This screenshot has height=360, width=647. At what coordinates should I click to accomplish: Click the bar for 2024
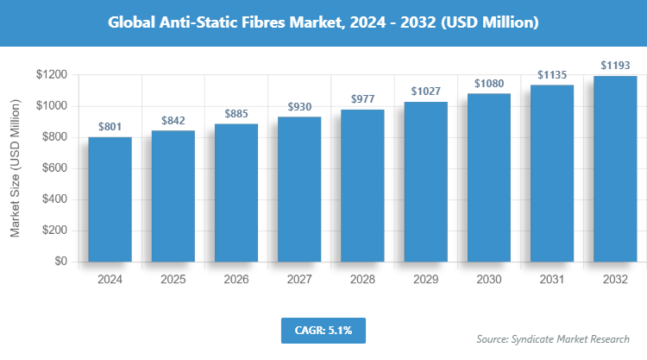coord(110,199)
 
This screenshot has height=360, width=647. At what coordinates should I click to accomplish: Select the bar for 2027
coord(299,189)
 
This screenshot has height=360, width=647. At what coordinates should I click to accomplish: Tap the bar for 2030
coord(488,177)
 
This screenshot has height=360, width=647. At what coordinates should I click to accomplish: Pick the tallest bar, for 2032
coord(615,168)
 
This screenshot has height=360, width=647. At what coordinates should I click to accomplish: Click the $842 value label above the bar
coord(173,120)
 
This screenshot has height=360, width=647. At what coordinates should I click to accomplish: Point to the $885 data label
coord(236,113)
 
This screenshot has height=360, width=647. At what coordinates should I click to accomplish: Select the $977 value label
coord(362,98)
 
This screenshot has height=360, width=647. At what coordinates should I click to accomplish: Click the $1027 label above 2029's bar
coord(425,91)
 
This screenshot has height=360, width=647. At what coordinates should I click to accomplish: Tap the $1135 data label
coord(552,74)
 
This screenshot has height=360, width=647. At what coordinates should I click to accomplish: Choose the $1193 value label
coord(615,65)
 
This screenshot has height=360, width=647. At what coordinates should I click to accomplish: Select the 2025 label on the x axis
coord(173,280)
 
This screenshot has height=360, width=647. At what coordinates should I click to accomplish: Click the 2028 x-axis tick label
coord(362,280)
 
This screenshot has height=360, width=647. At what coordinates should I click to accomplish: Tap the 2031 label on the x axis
coord(552,280)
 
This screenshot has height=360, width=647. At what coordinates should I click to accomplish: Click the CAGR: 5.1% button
coord(323,330)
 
